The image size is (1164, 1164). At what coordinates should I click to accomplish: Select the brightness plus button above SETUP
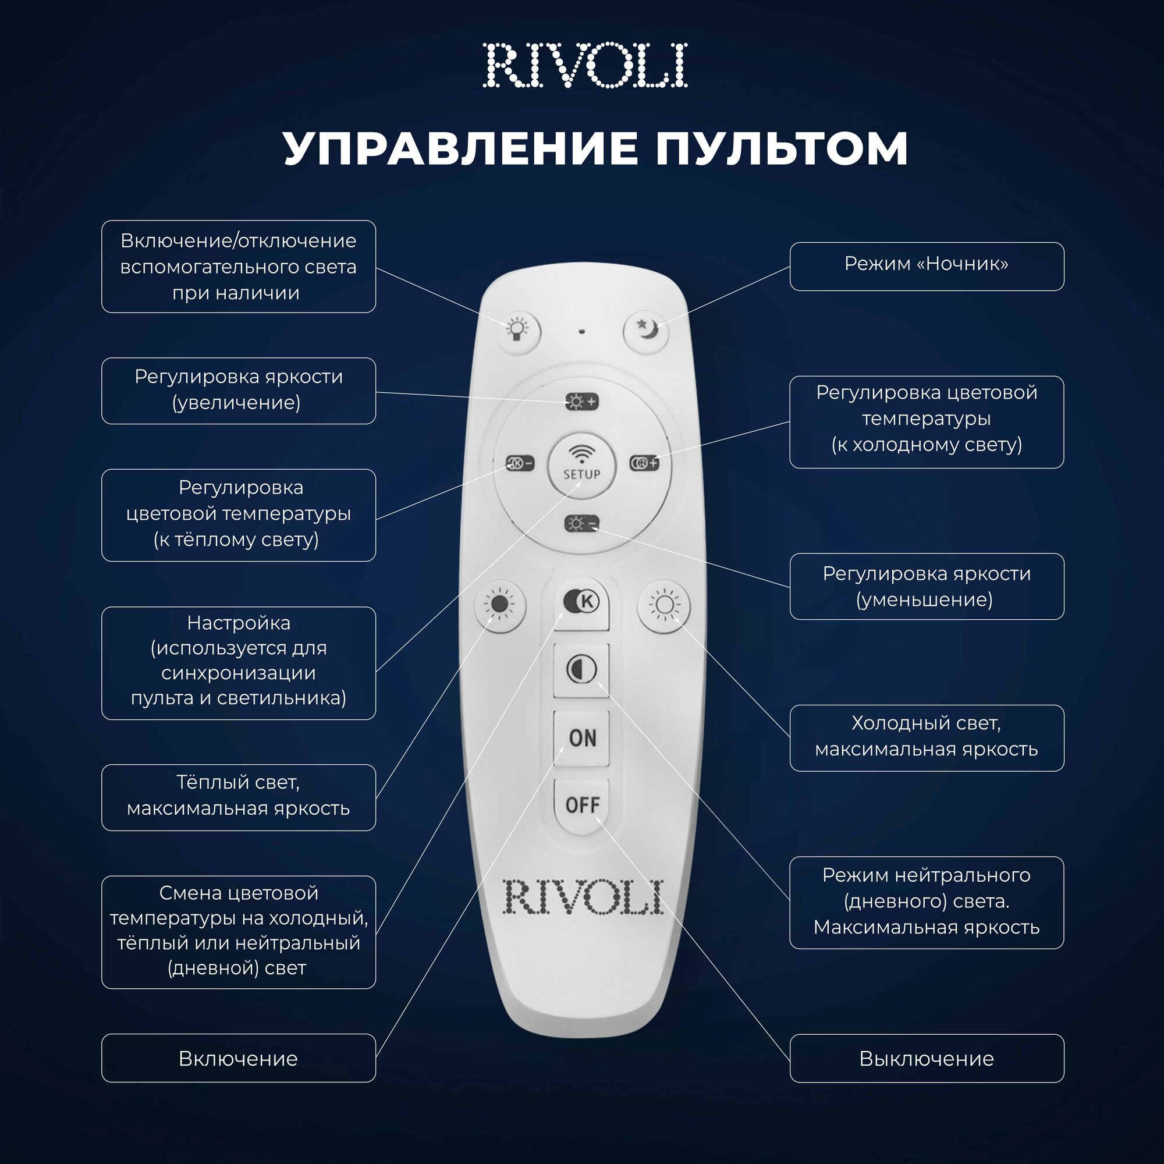[582, 401]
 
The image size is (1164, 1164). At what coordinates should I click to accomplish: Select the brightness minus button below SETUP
[582, 524]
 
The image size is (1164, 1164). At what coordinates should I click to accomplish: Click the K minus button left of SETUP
[519, 463]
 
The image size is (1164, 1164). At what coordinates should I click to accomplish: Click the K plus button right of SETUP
[644, 463]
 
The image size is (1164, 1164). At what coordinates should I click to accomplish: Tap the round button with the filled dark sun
[500, 604]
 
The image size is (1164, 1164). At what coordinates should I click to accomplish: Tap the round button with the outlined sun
[663, 604]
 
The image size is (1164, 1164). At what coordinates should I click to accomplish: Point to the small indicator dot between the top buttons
[581, 331]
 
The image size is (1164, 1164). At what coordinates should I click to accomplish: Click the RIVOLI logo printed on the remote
[583, 897]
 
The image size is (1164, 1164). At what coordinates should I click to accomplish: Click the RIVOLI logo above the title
[585, 65]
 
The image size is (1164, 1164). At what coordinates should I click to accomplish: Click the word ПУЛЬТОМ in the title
[782, 148]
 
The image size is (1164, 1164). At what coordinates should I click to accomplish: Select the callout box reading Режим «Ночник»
[927, 267]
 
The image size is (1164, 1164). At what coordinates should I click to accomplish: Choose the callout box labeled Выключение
[927, 1059]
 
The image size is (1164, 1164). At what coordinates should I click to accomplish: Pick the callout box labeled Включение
[239, 1059]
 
